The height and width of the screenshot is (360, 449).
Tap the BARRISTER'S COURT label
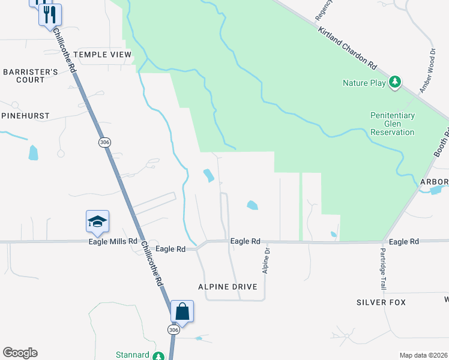pos(30,76)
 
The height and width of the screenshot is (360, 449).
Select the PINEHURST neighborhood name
pos(25,115)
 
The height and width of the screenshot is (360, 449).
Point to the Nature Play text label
pos(364,83)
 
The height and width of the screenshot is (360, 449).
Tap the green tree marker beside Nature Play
pos(395,82)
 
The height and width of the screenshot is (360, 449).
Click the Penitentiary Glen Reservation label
pos(392,124)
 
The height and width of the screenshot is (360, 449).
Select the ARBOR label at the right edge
pos(435,182)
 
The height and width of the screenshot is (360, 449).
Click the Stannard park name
pos(132,355)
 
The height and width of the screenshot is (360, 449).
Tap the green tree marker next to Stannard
pos(158,356)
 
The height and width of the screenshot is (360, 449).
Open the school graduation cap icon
pos(97,223)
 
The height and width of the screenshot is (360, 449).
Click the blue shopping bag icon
pos(182,312)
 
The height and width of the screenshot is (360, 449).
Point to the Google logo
pos(20,353)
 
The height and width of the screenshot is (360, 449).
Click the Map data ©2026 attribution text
pos(423,355)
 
